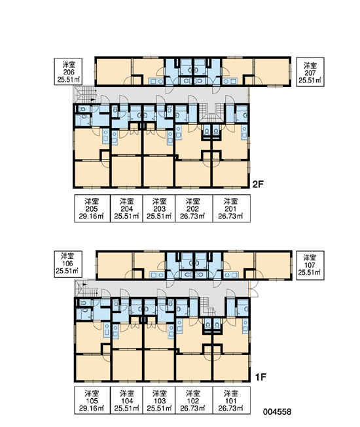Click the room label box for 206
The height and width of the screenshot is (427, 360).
(68, 71)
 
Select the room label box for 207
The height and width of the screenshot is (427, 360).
(310, 72)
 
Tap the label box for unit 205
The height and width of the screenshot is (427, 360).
(92, 209)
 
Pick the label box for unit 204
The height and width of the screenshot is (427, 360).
(126, 209)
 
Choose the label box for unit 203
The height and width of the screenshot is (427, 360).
(159, 209)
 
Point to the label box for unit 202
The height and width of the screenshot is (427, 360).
(194, 209)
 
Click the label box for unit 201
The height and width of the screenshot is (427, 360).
(232, 209)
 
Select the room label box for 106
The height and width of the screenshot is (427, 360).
(68, 264)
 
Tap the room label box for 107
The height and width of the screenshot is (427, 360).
(310, 265)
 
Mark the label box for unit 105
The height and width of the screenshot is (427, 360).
(92, 400)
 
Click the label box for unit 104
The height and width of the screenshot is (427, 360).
(126, 400)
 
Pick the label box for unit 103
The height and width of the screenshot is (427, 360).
(159, 400)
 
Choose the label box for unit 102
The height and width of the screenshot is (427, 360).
(194, 400)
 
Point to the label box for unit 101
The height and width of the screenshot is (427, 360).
(232, 400)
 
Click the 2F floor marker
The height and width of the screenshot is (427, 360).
(258, 184)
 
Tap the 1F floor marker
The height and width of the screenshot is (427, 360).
(261, 377)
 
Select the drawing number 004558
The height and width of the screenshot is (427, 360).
(277, 412)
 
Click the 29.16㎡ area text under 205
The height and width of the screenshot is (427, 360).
(92, 216)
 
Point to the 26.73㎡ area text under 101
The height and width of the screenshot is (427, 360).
(231, 409)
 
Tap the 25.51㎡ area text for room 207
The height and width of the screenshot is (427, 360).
(310, 80)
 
